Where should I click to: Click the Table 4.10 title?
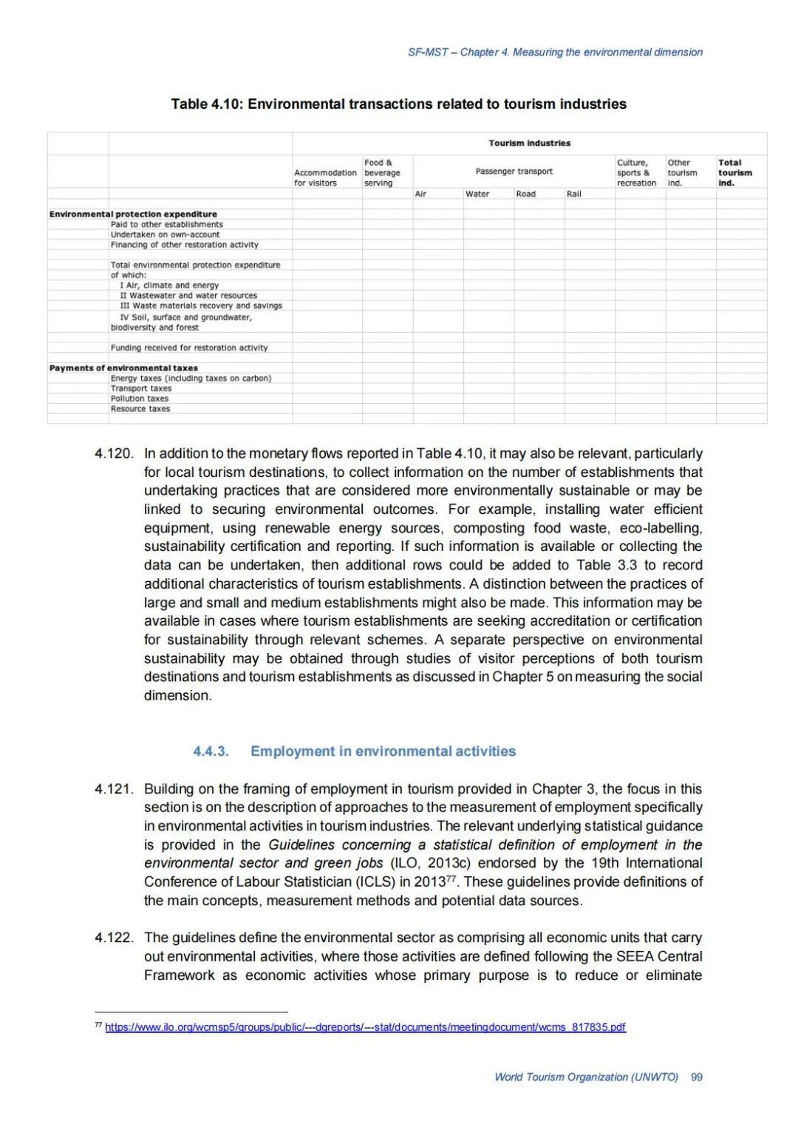pos(398,104)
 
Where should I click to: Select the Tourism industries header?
pos(529,143)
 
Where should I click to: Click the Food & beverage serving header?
pos(382,173)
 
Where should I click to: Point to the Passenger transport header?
pos(514,172)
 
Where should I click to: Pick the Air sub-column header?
pos(420,194)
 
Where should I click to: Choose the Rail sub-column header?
pos(574,194)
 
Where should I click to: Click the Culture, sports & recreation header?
pos(636,173)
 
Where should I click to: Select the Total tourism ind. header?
pos(734,173)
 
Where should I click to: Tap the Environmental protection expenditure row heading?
pos(133,214)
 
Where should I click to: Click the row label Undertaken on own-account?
pos(165,234)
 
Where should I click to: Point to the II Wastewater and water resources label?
pos(188,295)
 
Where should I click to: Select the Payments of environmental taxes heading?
pos(123,368)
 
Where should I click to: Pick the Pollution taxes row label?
pos(140,399)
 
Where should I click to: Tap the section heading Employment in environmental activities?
pos(383,751)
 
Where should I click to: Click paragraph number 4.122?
pos(114,938)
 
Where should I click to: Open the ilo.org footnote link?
pos(365,1027)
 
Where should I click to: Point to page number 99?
pos(696,1077)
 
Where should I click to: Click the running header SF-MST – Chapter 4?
pos(555,53)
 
